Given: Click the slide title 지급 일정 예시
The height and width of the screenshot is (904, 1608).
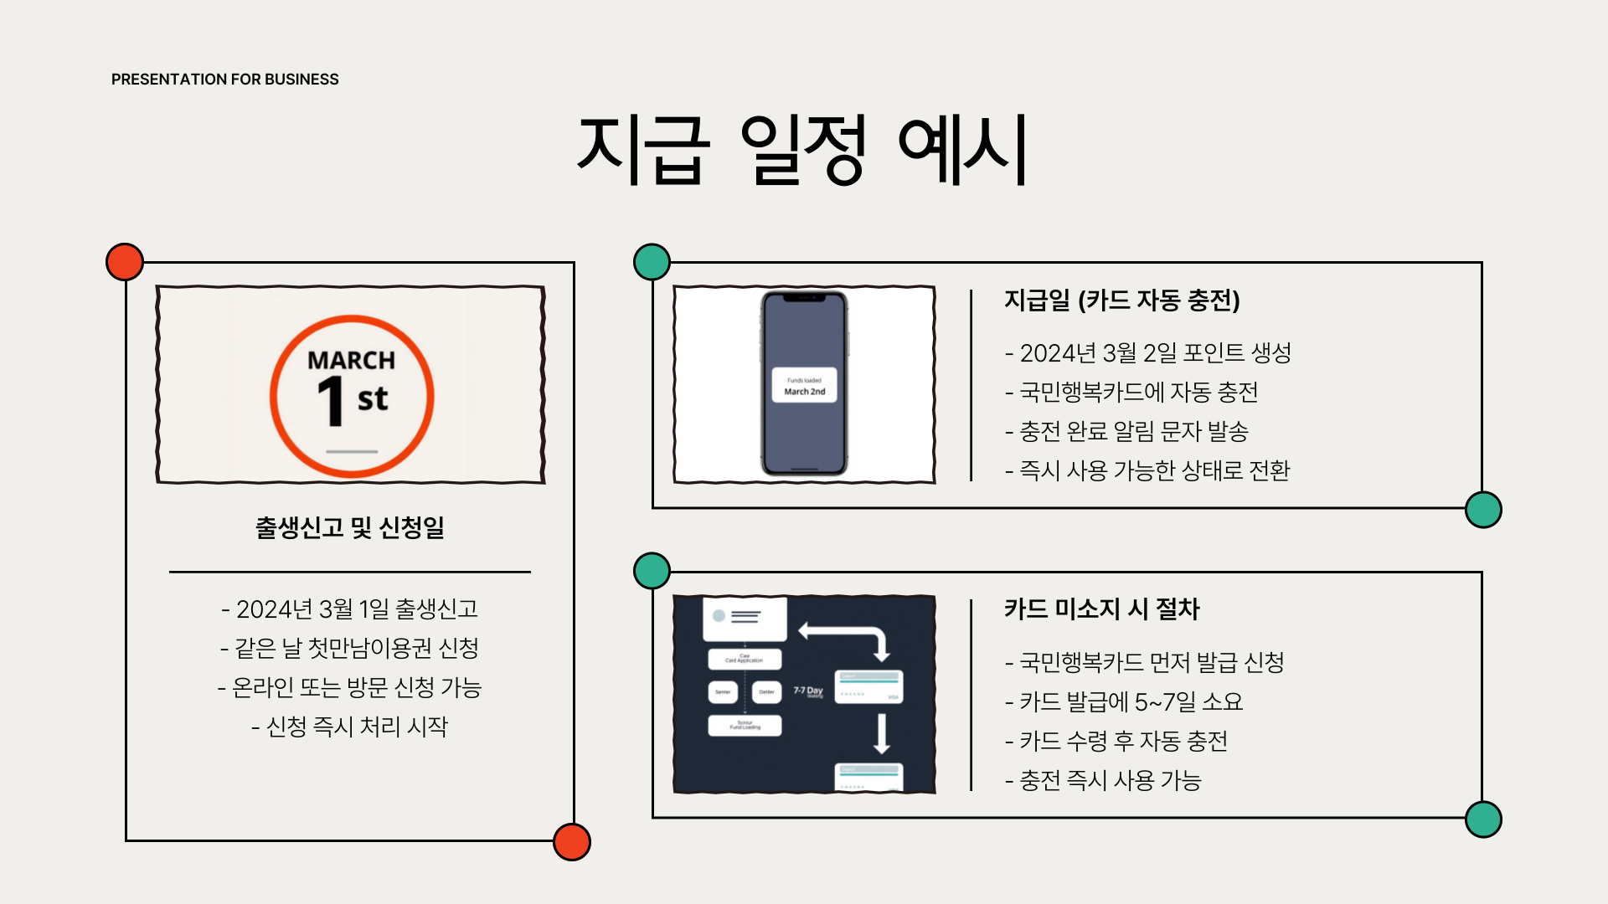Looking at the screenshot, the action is [x=802, y=149].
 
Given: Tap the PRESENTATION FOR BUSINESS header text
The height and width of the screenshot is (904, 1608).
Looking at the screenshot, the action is [x=224, y=80].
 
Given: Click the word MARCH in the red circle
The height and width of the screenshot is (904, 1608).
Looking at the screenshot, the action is [x=351, y=360].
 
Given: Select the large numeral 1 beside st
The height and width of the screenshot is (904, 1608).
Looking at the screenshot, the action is [x=332, y=401].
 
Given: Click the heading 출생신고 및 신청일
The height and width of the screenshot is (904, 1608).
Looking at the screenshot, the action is [x=349, y=527].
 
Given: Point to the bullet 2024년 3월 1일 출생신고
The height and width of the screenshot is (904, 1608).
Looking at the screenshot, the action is [x=349, y=609].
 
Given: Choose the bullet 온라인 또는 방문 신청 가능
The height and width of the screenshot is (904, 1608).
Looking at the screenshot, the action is [x=349, y=687].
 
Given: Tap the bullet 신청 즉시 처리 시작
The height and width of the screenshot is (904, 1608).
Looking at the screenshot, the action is [x=349, y=726].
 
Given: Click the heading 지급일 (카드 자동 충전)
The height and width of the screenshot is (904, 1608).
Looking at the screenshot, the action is [x=1121, y=300].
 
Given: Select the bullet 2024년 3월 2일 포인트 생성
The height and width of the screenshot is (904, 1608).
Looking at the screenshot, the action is [x=1147, y=352].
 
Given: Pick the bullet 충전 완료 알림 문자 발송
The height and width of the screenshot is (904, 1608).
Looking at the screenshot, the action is [x=1126, y=431].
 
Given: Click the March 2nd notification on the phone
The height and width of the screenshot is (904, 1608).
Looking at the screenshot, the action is [x=804, y=386].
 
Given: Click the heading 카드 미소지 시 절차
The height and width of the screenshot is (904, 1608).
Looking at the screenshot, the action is [x=1101, y=609].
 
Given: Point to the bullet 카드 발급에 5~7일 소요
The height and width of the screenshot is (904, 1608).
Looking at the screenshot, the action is [x=1124, y=701].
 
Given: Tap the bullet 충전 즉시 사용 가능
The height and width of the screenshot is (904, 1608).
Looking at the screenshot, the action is [x=1103, y=780].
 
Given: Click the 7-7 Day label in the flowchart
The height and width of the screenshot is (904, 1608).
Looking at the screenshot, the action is [x=808, y=691].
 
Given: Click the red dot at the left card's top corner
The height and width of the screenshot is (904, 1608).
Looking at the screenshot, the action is [x=125, y=262].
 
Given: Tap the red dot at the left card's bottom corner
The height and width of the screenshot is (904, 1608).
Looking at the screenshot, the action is [x=572, y=841].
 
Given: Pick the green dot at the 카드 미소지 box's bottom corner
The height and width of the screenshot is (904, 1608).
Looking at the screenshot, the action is [x=1483, y=819].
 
